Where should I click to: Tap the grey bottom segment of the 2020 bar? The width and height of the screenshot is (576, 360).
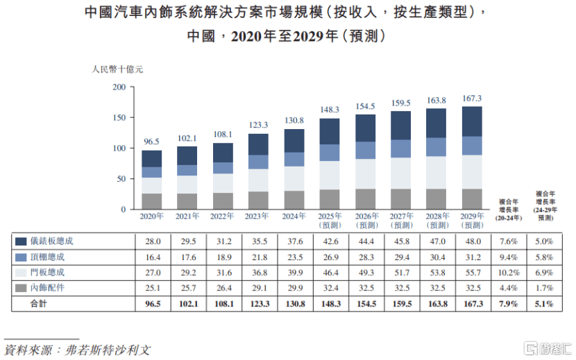(x=151, y=201)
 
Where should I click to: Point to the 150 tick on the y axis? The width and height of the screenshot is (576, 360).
(x=119, y=118)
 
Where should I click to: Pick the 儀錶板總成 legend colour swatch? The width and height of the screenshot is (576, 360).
(x=21, y=241)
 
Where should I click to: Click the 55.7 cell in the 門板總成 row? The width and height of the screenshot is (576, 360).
(x=472, y=272)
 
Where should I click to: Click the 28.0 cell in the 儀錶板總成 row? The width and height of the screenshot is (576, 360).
(x=151, y=241)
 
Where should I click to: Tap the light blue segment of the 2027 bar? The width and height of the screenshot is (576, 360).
(x=400, y=148)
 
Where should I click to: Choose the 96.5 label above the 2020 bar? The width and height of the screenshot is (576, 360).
(x=151, y=142)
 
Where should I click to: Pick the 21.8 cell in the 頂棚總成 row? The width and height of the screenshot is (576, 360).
(x=257, y=257)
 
